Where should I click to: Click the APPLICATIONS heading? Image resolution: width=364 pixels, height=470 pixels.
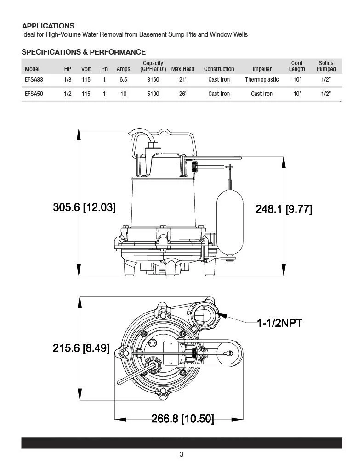pyautogui.click(x=48, y=26)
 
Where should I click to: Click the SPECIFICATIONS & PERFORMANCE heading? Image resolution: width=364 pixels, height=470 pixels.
pyautogui.click(x=84, y=52)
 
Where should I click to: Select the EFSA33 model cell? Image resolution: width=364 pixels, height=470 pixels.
pyautogui.click(x=34, y=80)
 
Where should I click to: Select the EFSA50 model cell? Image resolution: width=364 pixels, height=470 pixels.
pyautogui.click(x=34, y=94)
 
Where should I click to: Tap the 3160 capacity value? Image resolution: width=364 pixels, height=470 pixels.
pyautogui.click(x=153, y=80)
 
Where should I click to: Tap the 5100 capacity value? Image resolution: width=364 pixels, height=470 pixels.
pyautogui.click(x=153, y=94)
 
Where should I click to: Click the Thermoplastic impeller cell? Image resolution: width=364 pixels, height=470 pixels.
pyautogui.click(x=262, y=80)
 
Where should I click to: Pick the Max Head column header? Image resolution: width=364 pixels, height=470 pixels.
pyautogui.click(x=182, y=69)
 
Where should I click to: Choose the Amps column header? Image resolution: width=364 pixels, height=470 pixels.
pyautogui.click(x=123, y=69)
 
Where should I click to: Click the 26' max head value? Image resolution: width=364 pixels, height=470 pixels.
pyautogui.click(x=182, y=94)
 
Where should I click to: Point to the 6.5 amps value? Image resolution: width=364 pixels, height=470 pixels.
pyautogui.click(x=123, y=80)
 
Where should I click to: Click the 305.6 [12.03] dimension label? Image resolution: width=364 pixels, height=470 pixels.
pyautogui.click(x=84, y=207)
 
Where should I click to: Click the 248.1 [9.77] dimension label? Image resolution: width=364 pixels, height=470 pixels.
pyautogui.click(x=284, y=209)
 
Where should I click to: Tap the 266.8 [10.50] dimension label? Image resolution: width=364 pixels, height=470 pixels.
pyautogui.click(x=182, y=419)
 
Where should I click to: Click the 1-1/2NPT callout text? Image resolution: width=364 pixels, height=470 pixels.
pyautogui.click(x=279, y=323)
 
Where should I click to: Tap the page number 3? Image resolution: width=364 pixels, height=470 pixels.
pyautogui.click(x=182, y=455)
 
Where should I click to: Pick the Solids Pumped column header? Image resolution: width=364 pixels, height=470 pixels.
pyautogui.click(x=326, y=66)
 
